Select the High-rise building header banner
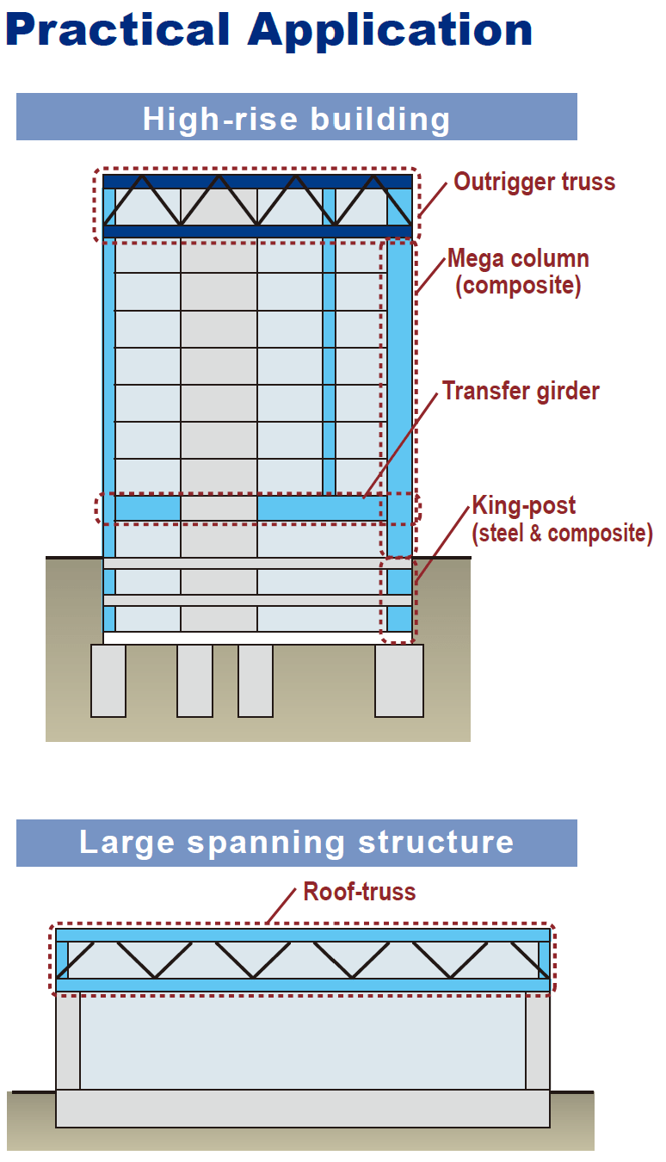tap(296, 117)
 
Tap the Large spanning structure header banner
tap(296, 843)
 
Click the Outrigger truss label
tap(534, 182)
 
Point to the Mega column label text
tap(518, 258)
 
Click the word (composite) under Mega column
tap(518, 286)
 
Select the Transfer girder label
tap(521, 392)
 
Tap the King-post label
tap(523, 506)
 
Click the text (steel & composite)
tap(562, 534)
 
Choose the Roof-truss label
tap(360, 892)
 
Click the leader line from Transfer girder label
tap(401, 446)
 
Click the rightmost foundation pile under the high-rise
tap(398, 680)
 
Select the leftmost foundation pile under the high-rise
tap(108, 680)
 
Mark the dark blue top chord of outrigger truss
tap(257, 182)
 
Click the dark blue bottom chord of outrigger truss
tap(257, 232)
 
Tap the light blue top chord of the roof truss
tap(302, 935)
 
